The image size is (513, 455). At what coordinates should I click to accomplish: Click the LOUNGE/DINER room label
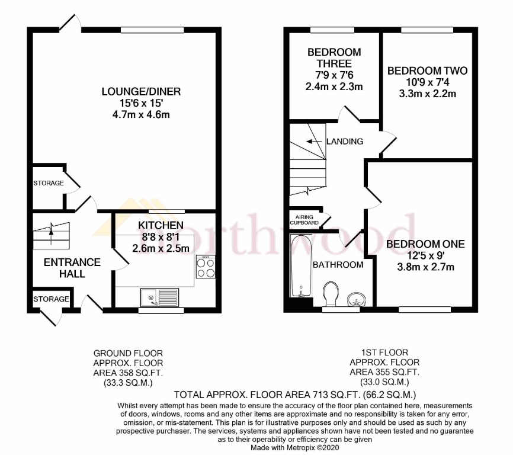point(140,92)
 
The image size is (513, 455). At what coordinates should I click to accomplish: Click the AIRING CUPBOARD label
point(304,220)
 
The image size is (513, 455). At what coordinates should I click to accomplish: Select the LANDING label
point(344,141)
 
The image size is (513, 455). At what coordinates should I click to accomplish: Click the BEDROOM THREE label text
point(334,58)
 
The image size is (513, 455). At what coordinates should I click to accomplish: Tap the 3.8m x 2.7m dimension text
point(425,267)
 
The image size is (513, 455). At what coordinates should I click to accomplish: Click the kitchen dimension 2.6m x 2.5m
point(161,248)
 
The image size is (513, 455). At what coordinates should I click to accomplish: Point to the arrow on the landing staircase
point(308,142)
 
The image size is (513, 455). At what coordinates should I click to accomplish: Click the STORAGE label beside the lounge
point(48,183)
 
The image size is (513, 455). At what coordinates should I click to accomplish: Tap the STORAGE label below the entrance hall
point(51,299)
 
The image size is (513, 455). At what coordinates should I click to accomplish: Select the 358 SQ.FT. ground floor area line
point(128,373)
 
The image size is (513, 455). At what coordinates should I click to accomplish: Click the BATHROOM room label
point(338,264)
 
